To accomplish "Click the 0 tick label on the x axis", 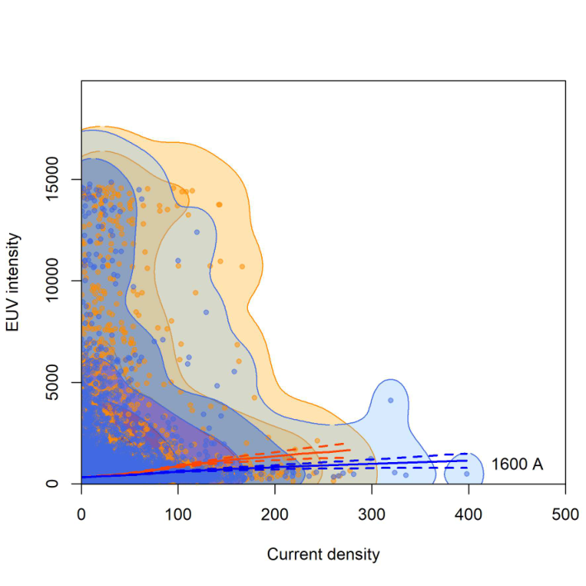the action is tap(81, 515).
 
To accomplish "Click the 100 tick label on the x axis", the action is tap(178, 515).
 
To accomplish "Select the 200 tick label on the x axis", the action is tap(274, 515).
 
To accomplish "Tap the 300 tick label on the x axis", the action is tap(371, 515).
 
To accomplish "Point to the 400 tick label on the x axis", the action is tap(469, 515).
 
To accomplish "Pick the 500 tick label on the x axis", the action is tap(565, 515).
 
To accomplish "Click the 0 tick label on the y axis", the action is tap(52, 484).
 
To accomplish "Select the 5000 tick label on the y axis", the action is tap(52, 383).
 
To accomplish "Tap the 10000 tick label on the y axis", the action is tap(52, 281).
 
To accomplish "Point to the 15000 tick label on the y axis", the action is tap(52, 179).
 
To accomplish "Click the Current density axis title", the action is tap(323, 555).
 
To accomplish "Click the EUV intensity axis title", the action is tap(12, 282).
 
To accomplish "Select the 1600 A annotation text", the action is tap(517, 465).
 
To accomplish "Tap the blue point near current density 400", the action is tap(467, 474).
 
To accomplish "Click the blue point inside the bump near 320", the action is tap(391, 400).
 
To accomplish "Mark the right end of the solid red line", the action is tap(350, 450).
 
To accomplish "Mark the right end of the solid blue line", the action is tap(467, 460).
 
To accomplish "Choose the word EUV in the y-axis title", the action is tap(12, 319).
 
